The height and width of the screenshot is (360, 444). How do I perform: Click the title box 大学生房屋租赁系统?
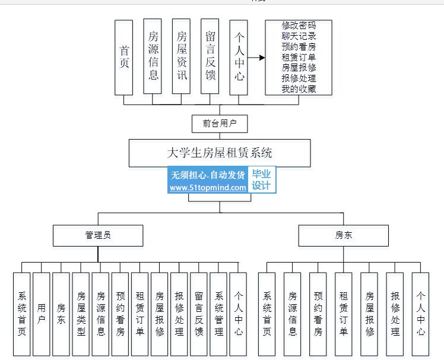pos(220,153)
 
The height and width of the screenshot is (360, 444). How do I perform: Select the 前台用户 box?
pos(220,124)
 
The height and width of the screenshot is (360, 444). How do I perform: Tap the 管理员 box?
pos(98,235)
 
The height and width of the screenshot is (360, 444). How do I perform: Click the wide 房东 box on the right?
pos(343,235)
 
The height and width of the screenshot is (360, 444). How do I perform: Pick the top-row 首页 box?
pos(124,57)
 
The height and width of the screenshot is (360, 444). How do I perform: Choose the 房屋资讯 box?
pos(181,57)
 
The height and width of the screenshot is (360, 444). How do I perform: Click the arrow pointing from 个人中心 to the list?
pos(256,58)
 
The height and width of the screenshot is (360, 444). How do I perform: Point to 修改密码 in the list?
pos(299,26)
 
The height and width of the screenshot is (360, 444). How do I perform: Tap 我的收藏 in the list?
pos(299,90)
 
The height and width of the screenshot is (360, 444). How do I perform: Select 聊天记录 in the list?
pos(299,36)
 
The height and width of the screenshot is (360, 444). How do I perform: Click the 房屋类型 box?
pos(81,314)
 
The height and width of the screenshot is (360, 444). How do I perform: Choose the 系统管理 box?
pos(218,314)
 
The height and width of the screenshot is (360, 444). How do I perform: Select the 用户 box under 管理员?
pos(41,314)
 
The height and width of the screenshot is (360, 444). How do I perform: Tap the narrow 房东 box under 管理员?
pos(61,314)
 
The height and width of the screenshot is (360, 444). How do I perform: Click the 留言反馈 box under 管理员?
pos(199,314)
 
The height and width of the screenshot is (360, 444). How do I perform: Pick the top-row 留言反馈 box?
pos(210,57)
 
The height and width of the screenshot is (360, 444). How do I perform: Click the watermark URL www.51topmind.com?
pos(208,187)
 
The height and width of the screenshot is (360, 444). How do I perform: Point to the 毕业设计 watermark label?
pos(261,179)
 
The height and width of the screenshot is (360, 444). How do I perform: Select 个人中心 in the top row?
pos(239,57)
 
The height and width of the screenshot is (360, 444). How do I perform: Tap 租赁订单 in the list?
pos(299,58)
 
